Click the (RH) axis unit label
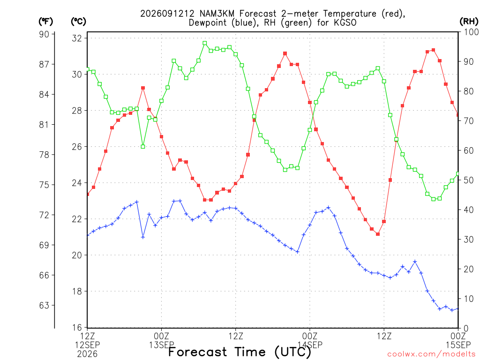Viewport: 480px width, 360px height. (469, 21)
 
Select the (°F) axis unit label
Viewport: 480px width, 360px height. (46, 22)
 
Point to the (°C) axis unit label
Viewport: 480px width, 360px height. (78, 22)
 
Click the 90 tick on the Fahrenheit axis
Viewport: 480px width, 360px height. (44, 34)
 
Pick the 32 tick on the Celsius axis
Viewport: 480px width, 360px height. (77, 38)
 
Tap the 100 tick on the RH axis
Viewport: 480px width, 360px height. (471, 32)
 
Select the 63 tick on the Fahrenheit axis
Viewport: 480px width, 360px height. (44, 305)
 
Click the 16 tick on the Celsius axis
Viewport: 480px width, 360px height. (77, 328)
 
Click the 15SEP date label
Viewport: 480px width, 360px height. (458, 345)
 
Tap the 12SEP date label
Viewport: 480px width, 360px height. (88, 345)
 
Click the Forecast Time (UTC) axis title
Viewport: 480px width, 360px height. (240, 352)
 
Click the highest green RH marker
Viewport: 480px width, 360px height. (205, 43)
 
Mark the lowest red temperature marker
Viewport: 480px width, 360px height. (378, 234)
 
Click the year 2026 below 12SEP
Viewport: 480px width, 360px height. (88, 354)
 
